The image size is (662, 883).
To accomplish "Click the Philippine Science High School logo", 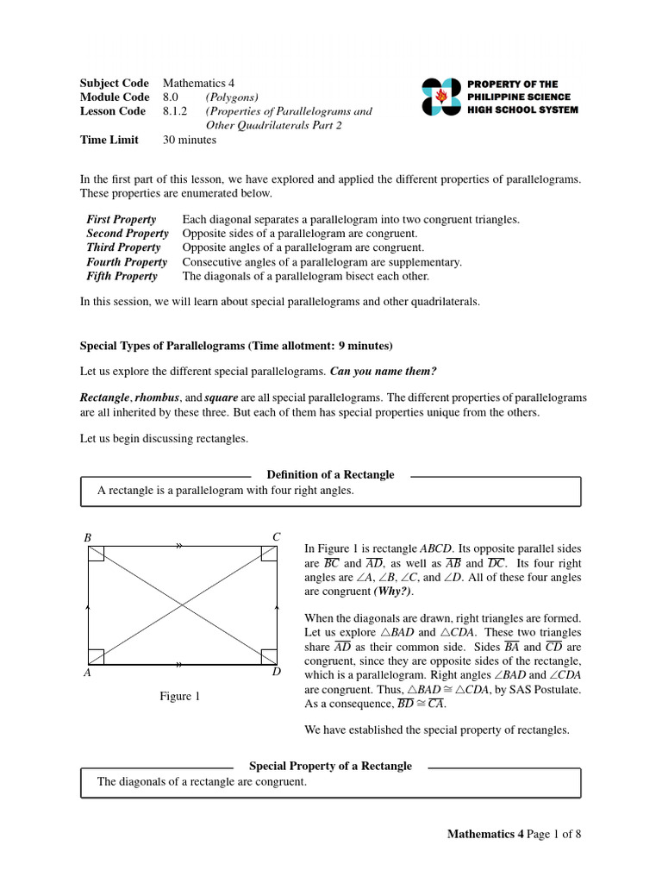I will (441, 97).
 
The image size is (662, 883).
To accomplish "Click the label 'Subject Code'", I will (114, 84).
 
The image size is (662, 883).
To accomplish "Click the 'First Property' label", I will (122, 220).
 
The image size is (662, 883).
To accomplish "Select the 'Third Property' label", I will (123, 247).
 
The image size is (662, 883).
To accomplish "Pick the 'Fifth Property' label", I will (122, 276).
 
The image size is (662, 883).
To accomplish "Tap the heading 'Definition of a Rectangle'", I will (330, 474).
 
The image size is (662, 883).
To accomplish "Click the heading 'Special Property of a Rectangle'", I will (330, 766).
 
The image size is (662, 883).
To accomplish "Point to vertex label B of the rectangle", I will (87, 538).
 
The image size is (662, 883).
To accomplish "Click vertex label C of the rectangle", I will (277, 537).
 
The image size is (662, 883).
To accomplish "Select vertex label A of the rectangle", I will (87, 673).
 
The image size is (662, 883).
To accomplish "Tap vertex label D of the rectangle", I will (277, 672).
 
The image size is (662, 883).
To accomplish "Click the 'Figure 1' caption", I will (179, 697).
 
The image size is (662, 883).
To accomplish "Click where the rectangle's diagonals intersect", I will (183, 605).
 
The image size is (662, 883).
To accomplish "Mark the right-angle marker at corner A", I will (97, 657).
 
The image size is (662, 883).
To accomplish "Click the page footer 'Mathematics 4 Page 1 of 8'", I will (514, 834).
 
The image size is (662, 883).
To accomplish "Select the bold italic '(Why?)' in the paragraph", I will (393, 592).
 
